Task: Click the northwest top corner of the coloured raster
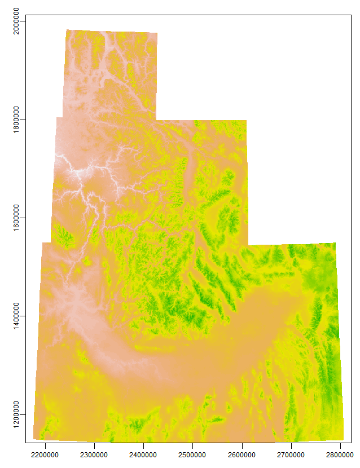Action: pyautogui.click(x=66, y=29)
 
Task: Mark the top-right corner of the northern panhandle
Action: pyautogui.click(x=157, y=33)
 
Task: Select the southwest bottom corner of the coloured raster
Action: pyautogui.click(x=33, y=438)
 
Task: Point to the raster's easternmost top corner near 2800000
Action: pyautogui.click(x=336, y=242)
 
